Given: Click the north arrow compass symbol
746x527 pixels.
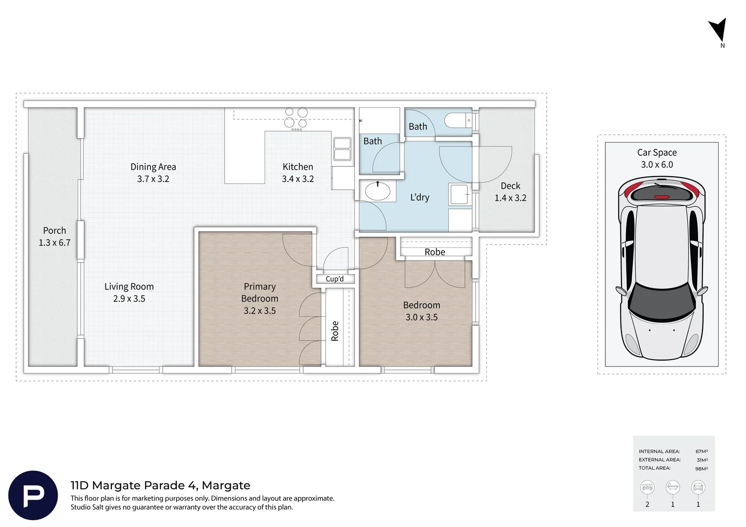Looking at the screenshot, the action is pos(719,31).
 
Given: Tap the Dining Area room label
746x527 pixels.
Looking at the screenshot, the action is pos(153,167).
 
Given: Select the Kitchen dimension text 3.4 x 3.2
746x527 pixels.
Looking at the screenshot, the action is pos(298,179).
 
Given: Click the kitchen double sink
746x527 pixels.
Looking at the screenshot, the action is pos(342,149).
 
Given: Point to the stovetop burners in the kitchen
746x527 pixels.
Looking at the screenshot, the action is pos(296,118).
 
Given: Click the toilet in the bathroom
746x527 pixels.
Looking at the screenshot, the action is pos(458,120).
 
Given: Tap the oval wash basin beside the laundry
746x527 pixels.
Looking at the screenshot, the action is pos(377,191).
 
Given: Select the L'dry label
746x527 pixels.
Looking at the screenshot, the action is pos(420,198).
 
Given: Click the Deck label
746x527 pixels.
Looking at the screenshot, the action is pos(510,186).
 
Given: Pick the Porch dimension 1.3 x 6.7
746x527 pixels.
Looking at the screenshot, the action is pos(55,243).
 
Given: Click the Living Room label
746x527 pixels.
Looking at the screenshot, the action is pos(129,286).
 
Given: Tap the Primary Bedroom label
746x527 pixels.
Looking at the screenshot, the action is pos(260,292).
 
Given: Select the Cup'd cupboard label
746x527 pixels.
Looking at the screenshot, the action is pos(335,279).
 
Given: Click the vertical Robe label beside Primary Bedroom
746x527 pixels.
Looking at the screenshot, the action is pos(335,331).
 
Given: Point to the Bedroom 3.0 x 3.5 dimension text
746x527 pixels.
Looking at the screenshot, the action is pos(422,317).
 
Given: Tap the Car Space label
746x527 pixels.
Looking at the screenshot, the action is pos(657,152).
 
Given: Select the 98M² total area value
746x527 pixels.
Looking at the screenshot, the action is pos(702,468).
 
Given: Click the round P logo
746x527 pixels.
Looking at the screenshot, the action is pos(33,495).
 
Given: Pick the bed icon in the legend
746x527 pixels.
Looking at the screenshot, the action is pos(647,487).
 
